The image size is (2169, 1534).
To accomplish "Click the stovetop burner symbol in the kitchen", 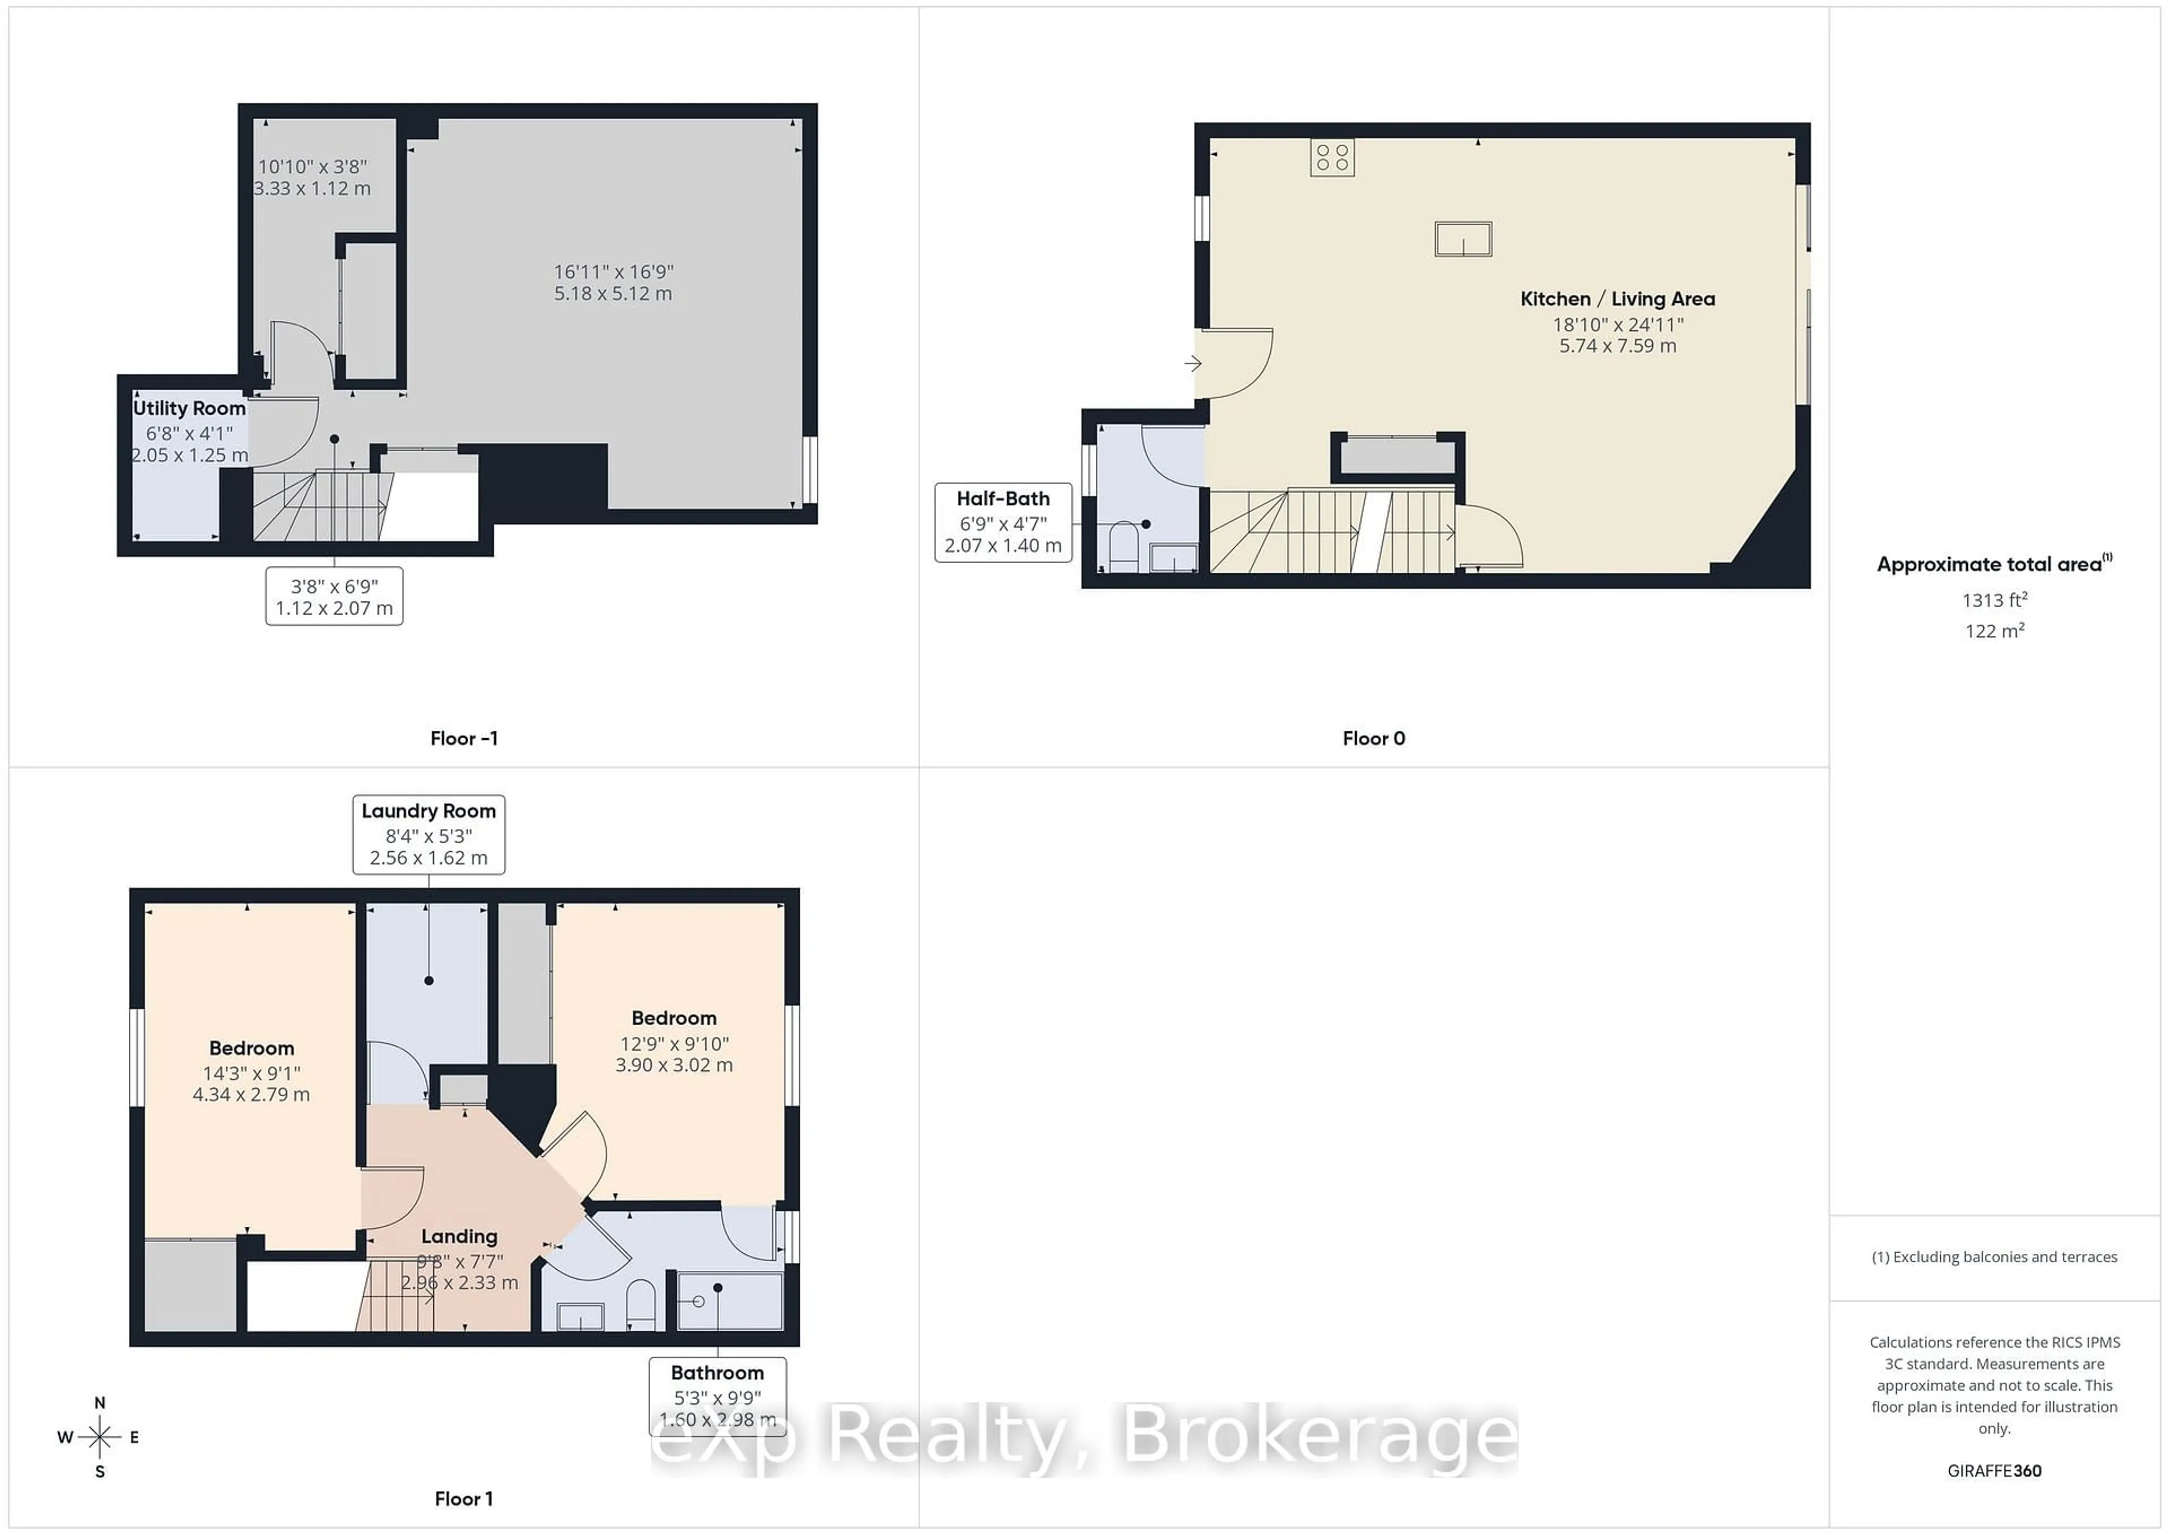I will coord(1332,158).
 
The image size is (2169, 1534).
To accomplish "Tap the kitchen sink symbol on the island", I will coord(1462,239).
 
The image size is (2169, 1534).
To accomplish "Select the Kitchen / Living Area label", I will coord(1617,298).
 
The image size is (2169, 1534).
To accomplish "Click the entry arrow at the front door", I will coord(1193,363).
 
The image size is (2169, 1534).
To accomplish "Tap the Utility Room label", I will coord(189,408).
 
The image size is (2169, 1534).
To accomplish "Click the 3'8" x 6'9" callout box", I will coord(334,596).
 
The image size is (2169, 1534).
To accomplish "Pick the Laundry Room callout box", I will coord(428,834).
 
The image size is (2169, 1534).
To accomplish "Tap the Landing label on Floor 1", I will coord(459,1236).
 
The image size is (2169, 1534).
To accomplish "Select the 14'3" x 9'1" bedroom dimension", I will coord(251,1073).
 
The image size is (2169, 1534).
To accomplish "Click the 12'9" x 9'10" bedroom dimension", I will coord(673,1044).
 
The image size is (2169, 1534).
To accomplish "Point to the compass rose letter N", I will coord(100,1403).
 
